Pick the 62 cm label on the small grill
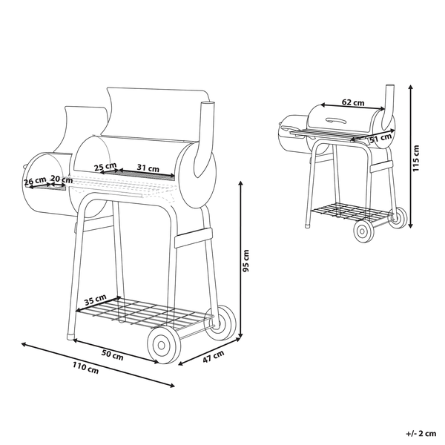tap(352, 103)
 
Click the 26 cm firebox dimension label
tap(34, 180)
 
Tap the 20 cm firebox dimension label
tap(61, 179)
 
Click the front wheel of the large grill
tap(165, 347)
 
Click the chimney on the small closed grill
tap(389, 104)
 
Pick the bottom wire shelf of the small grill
tap(349, 211)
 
